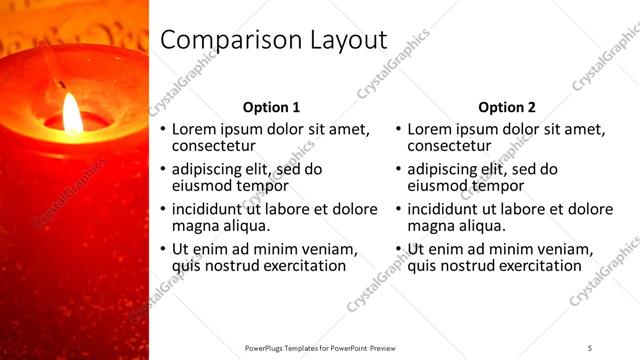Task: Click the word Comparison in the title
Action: click(223, 40)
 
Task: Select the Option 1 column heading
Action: click(271, 107)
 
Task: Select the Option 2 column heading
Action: click(507, 107)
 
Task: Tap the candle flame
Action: click(73, 112)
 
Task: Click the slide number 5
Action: click(590, 347)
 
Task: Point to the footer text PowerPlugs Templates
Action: click(290, 347)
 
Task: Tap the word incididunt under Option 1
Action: click(210, 209)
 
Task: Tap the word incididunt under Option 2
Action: click(446, 209)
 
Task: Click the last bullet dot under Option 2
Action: click(399, 249)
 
